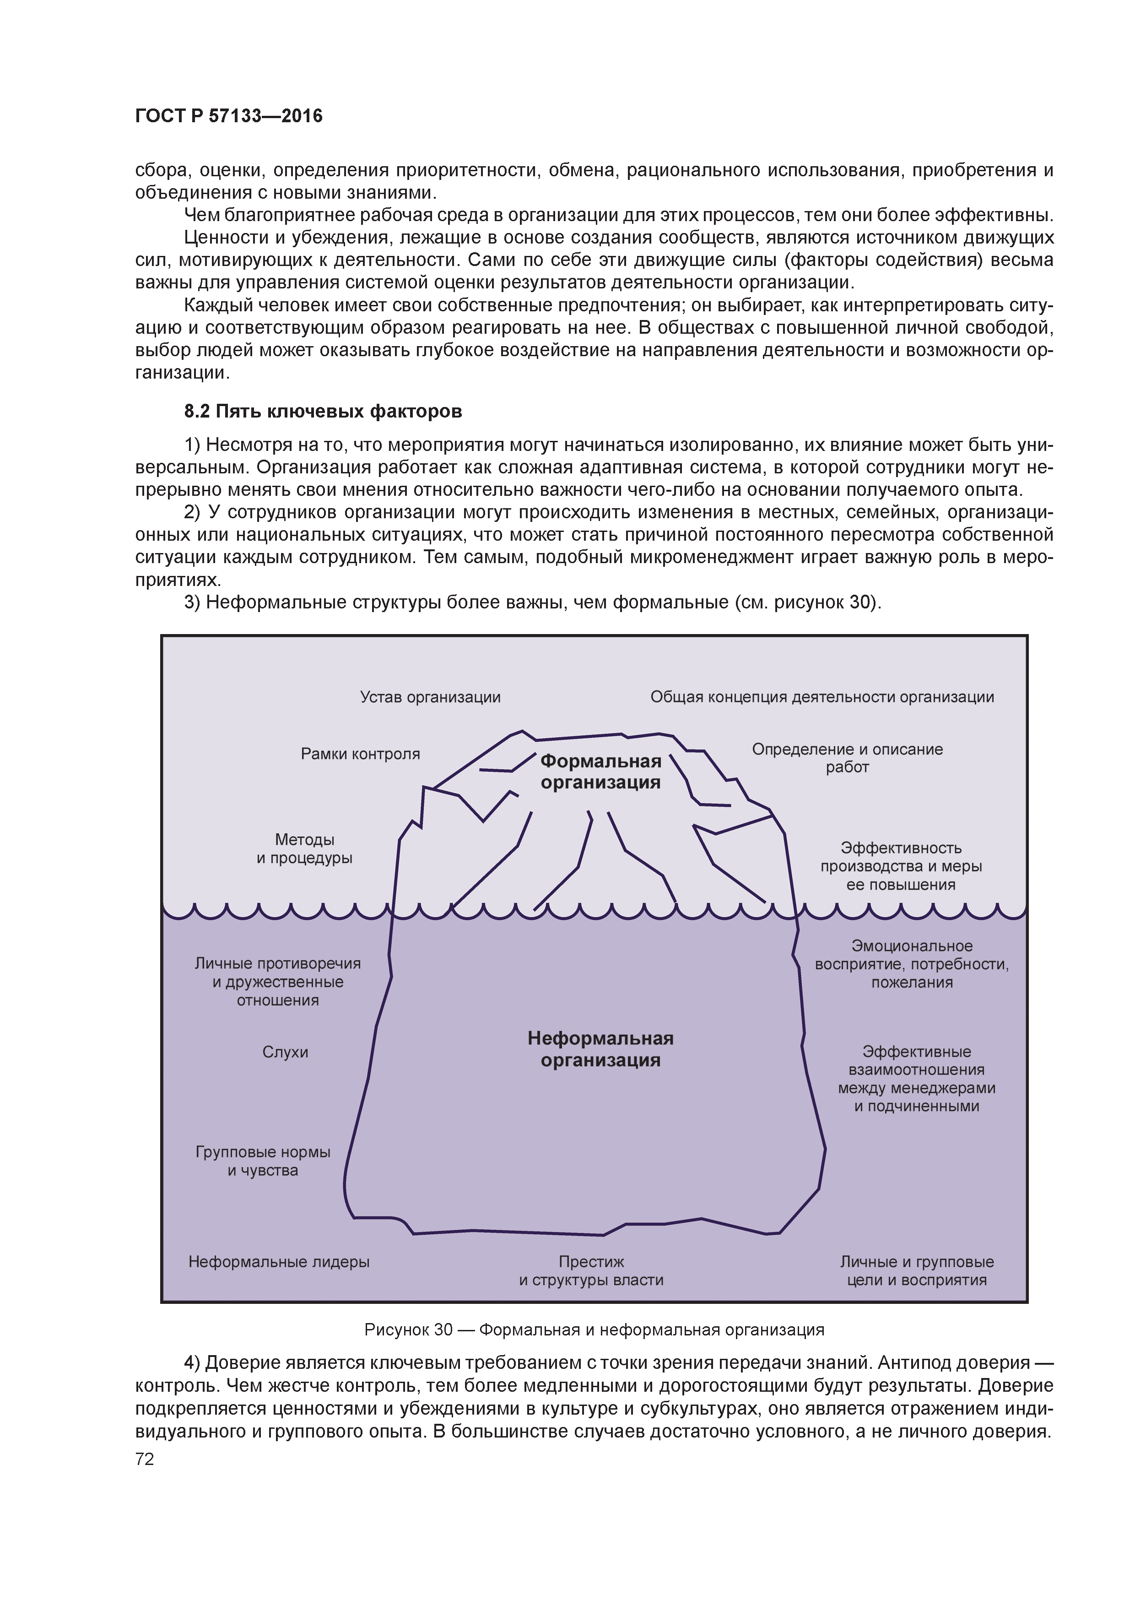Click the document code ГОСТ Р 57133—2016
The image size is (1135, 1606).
[x=229, y=116]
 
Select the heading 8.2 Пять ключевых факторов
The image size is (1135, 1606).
[x=323, y=411]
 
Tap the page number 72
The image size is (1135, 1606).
[x=145, y=1459]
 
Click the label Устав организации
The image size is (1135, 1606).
[x=430, y=697]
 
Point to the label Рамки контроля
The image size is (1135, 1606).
[x=360, y=754]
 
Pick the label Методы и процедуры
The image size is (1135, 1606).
[x=304, y=848]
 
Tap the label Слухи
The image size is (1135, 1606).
[x=285, y=1052]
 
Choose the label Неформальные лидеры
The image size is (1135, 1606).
[x=279, y=1262]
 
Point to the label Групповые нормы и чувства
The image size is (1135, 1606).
[x=263, y=1161]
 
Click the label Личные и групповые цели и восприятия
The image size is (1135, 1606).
[x=917, y=1271]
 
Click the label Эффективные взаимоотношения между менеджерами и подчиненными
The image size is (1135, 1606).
[x=917, y=1079]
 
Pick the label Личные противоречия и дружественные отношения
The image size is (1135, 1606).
[x=278, y=982]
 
